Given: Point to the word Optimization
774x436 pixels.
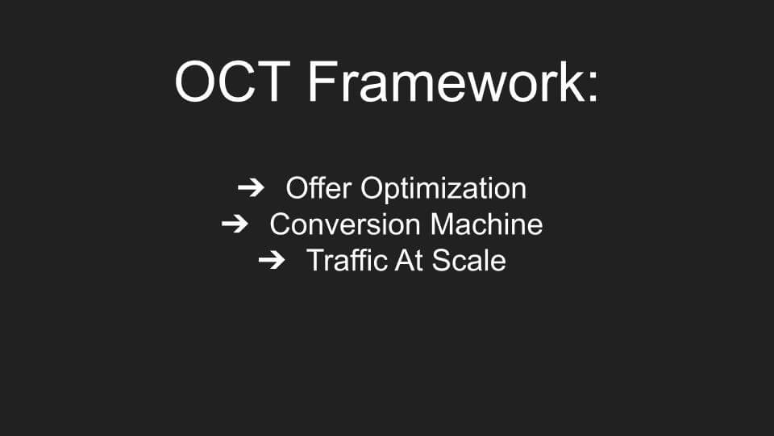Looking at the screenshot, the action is pos(443,189).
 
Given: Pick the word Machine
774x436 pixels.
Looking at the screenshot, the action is pos(486,224).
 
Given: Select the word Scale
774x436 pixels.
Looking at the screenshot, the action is pos(469,261).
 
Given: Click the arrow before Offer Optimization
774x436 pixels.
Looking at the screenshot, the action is pos(251,188).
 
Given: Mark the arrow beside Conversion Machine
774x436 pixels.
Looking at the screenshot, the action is pos(235,224).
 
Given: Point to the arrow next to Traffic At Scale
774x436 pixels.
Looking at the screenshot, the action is pos(272,260).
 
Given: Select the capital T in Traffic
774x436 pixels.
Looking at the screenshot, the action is pos(316,261).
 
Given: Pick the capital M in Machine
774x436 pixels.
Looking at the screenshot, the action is pos(442,224).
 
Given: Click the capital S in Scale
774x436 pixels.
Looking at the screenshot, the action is pos(442,261).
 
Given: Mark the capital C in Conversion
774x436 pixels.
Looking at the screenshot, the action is pos(281,224).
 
